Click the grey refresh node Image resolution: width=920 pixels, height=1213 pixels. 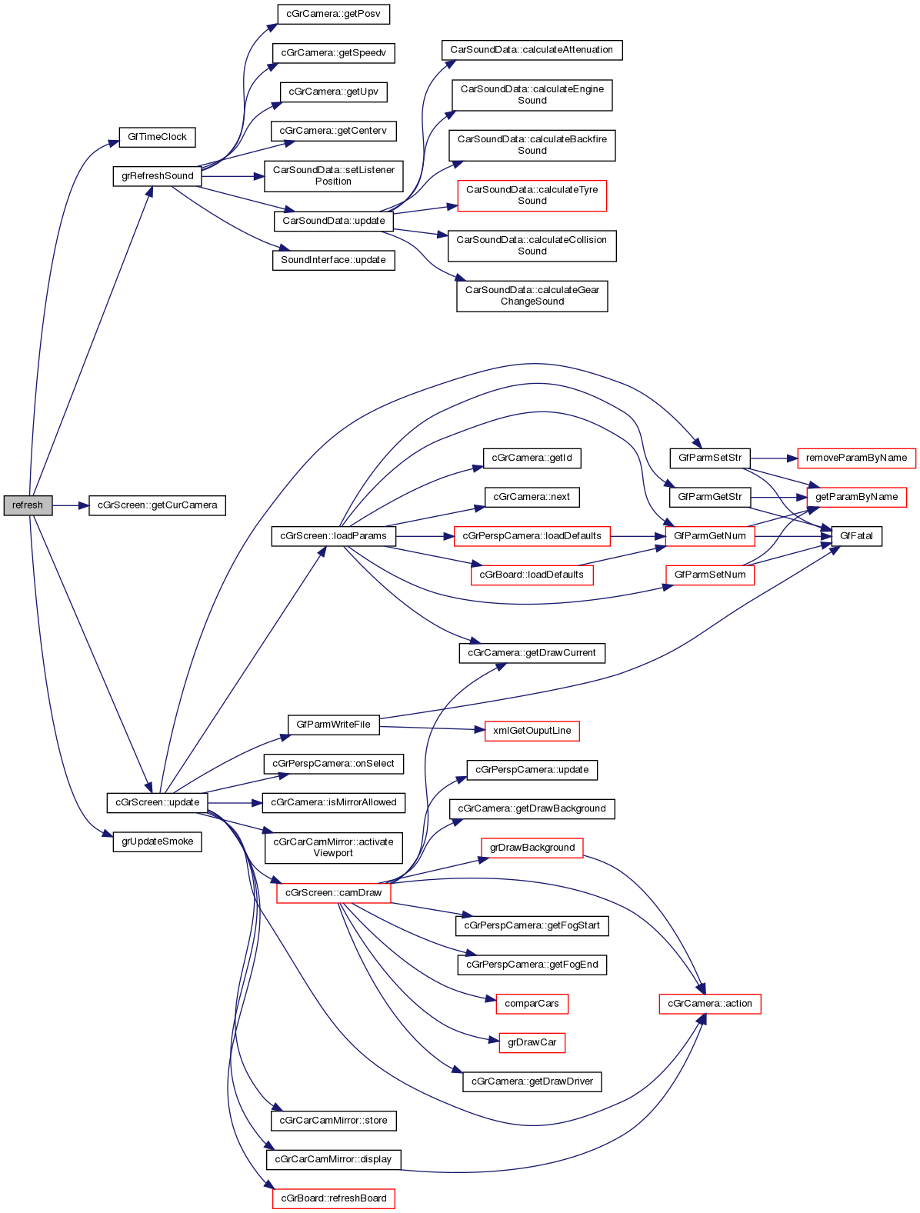(28, 505)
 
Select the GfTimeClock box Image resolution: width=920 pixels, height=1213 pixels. (157, 137)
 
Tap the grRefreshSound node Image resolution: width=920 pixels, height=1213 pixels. (157, 176)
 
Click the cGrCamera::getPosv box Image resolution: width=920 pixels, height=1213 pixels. (333, 14)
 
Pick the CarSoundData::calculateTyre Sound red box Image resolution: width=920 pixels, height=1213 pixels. (532, 195)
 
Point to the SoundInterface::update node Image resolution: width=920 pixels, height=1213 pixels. (333, 260)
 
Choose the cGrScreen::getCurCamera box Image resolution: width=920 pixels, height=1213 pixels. (157, 505)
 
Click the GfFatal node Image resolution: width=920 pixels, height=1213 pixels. (856, 536)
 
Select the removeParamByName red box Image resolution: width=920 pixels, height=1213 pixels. (856, 458)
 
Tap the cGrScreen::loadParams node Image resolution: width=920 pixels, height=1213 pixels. (333, 536)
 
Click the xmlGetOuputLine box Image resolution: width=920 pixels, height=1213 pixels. (532, 731)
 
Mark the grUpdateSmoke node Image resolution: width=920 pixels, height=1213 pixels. (157, 841)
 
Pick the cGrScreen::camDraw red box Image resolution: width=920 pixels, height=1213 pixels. (333, 893)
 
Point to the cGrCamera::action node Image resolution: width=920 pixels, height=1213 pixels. (709, 1004)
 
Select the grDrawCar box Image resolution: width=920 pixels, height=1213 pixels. (532, 1043)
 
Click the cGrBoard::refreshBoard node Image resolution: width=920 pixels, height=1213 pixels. (333, 1198)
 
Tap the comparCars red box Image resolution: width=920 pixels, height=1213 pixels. (532, 1004)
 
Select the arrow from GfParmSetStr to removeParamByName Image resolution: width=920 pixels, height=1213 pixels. (774, 458)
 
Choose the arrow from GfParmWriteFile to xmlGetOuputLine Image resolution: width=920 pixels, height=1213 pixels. (431, 728)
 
